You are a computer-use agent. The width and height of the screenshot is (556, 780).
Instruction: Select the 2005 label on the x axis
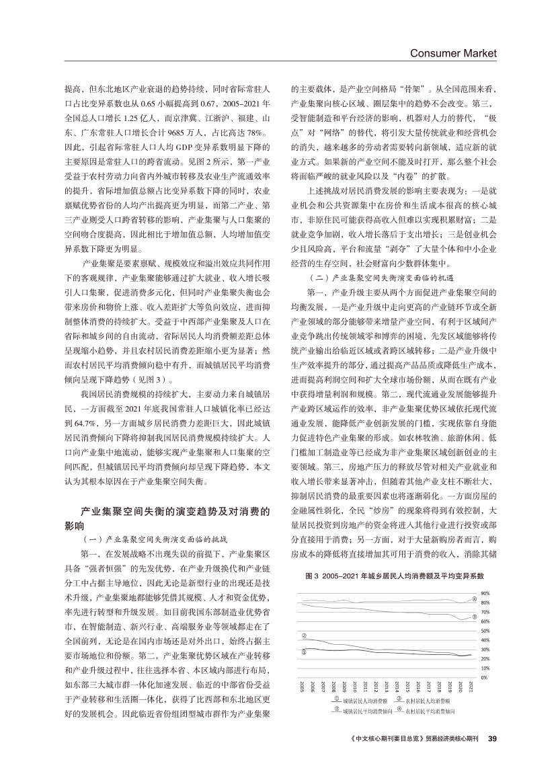303,687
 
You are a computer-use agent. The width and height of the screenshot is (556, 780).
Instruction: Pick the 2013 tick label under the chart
387,687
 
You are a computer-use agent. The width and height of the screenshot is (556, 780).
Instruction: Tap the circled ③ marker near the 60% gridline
474,617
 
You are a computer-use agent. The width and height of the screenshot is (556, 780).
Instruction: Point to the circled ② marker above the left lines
304,635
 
